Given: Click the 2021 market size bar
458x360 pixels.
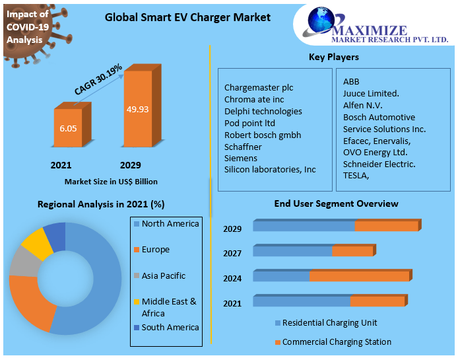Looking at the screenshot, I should (68, 128).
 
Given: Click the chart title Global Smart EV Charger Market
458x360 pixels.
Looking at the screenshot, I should (187, 17).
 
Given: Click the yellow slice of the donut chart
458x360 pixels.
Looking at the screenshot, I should (37, 244).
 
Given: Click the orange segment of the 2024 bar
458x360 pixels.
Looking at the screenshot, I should (359, 276).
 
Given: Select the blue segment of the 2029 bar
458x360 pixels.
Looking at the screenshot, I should (304, 227).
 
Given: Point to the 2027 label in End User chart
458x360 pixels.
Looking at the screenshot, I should (232, 254).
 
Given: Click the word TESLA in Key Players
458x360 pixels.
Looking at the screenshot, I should (356, 176).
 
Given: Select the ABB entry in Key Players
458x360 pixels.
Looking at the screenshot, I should (351, 82).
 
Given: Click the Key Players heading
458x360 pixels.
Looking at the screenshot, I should (334, 57).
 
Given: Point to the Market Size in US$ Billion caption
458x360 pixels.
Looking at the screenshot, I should (111, 181).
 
